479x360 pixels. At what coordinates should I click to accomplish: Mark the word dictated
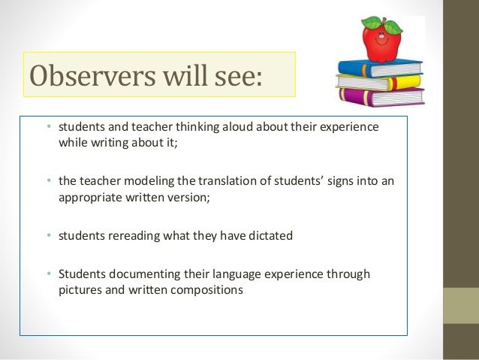tap(269, 236)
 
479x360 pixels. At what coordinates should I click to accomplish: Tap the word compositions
tap(209, 289)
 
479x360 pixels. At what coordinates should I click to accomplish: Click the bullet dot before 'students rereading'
tap(48, 236)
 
